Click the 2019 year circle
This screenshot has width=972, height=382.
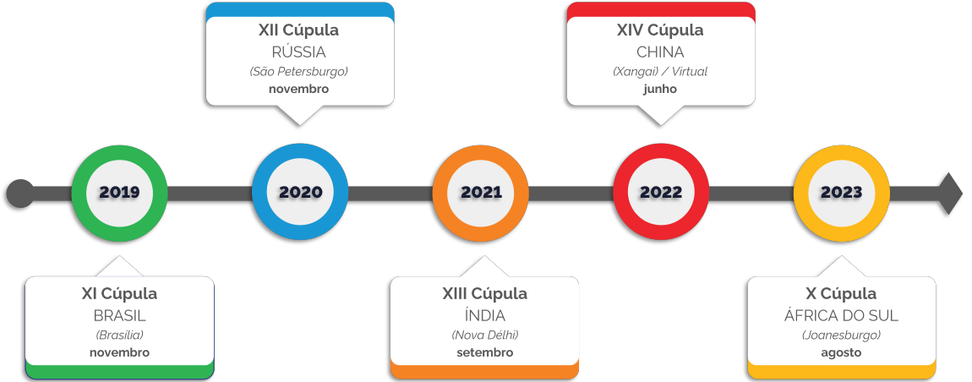click(119, 193)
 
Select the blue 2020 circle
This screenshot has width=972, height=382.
click(300, 193)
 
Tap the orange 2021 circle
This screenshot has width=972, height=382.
click(481, 193)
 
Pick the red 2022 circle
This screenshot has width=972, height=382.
click(661, 193)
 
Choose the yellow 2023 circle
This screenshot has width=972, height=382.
click(842, 193)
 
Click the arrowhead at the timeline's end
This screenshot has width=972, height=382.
click(951, 194)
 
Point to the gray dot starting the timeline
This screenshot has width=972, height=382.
click(20, 194)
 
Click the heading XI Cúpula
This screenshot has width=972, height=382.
click(119, 294)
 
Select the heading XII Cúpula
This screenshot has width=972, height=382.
click(299, 30)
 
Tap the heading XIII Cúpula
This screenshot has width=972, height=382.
click(484, 294)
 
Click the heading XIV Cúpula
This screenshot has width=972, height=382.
click(660, 30)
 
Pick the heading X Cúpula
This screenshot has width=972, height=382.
click(841, 294)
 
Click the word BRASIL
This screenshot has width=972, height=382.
click(119, 316)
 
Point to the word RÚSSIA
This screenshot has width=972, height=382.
click(299, 52)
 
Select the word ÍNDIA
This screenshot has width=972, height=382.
click(484, 316)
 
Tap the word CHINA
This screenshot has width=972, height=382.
click(660, 52)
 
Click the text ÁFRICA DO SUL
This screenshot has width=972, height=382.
click(841, 316)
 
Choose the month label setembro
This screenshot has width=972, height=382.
click(484, 352)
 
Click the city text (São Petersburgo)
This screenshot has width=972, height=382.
click(299, 72)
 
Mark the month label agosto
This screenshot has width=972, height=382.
click(841, 352)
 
